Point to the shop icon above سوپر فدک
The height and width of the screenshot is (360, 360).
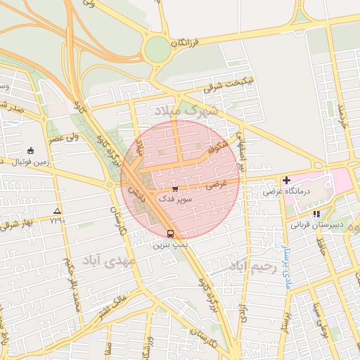[174, 189]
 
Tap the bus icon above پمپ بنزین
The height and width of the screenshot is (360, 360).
[169, 234]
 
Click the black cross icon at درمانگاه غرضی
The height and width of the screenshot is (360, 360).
[285, 181]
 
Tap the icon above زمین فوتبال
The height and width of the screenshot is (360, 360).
[30, 150]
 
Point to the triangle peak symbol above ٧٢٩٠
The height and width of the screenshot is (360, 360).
[57, 211]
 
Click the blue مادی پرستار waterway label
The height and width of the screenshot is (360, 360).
[285, 260]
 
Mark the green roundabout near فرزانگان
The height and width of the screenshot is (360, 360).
[157, 50]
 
